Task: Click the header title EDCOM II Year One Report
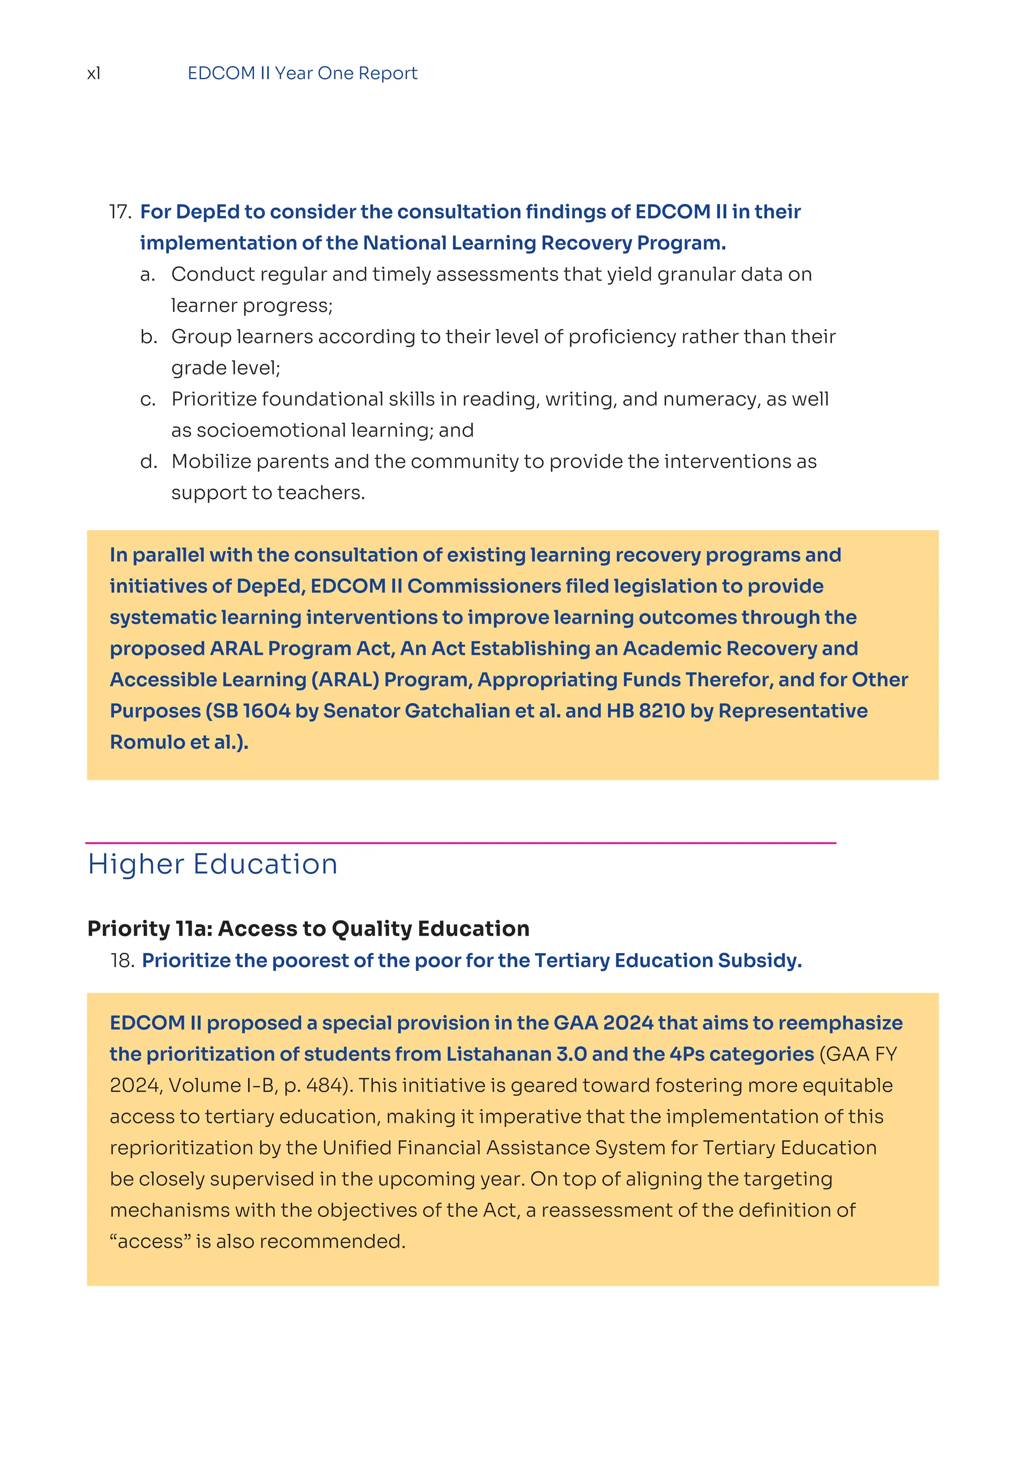tap(302, 74)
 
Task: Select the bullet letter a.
tap(148, 275)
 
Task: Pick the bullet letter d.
tap(148, 461)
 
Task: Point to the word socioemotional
tap(271, 430)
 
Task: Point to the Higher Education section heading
tap(212, 864)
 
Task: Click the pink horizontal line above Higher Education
tap(460, 843)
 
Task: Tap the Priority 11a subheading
tap(308, 929)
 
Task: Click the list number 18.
tap(122, 960)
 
